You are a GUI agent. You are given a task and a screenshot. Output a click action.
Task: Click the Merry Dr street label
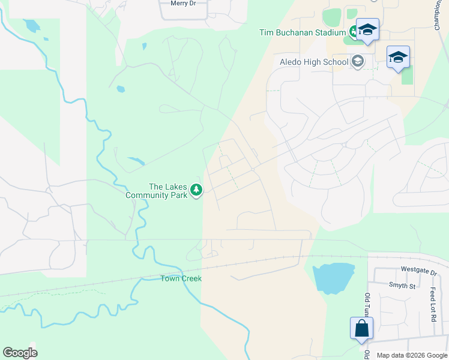(183, 4)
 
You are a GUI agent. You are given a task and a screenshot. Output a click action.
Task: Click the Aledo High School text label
(314, 62)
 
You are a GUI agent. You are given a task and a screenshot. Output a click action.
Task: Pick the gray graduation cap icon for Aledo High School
(358, 61)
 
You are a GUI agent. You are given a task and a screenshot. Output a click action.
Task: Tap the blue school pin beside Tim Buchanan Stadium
(367, 29)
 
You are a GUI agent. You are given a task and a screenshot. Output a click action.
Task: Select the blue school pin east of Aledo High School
(398, 57)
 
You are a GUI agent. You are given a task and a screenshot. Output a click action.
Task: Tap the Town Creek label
(181, 278)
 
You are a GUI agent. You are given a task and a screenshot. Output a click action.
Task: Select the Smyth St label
(402, 286)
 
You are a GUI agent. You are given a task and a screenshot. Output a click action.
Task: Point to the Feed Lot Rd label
(433, 304)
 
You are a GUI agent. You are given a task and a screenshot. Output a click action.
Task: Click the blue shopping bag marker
(362, 328)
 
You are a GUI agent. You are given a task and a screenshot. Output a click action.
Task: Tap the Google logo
(20, 353)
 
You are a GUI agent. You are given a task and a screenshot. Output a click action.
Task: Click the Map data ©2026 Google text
(411, 355)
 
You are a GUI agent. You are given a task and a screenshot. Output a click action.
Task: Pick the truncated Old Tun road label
(367, 306)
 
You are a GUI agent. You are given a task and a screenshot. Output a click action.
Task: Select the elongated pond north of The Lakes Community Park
(136, 161)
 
